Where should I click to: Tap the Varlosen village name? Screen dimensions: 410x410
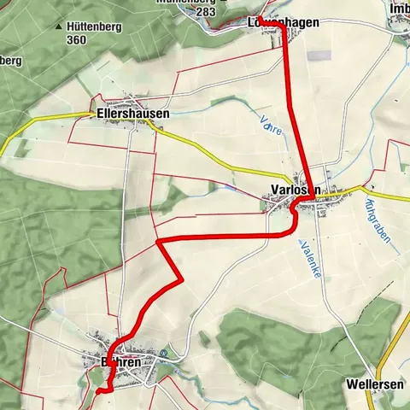293,189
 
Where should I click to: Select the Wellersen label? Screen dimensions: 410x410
375,385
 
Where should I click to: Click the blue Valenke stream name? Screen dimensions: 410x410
308,256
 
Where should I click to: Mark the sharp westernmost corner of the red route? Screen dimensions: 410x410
159,242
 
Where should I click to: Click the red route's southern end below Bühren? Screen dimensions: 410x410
99,390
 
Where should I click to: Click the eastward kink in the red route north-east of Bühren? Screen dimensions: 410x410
182,278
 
